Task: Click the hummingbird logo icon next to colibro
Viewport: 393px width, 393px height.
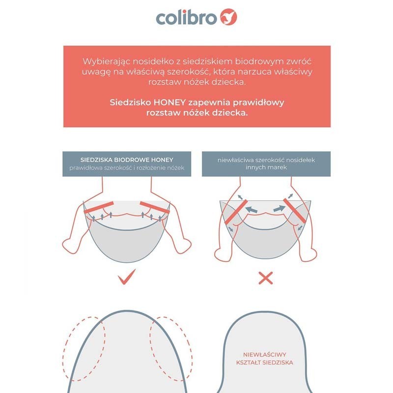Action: pyautogui.click(x=228, y=17)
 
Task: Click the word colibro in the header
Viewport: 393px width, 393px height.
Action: pyautogui.click(x=186, y=18)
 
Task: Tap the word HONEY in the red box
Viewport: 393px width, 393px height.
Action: pyautogui.click(x=169, y=102)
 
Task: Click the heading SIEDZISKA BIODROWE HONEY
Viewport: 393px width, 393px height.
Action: pyautogui.click(x=127, y=160)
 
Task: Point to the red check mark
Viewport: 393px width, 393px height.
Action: pyautogui.click(x=127, y=277)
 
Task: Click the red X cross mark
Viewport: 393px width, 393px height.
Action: pyautogui.click(x=265, y=278)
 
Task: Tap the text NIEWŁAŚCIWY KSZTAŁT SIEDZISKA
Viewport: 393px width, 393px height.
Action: pyautogui.click(x=264, y=359)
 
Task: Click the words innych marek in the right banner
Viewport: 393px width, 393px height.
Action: pyautogui.click(x=266, y=167)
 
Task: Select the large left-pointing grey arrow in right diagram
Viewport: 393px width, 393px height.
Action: pyautogui.click(x=251, y=209)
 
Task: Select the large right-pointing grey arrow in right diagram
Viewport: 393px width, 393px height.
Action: pyautogui.click(x=280, y=208)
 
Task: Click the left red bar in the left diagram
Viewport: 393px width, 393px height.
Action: pyautogui.click(x=99, y=207)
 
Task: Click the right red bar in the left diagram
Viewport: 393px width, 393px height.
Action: pyautogui.click(x=155, y=207)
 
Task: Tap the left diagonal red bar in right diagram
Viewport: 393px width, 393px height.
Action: pyautogui.click(x=236, y=212)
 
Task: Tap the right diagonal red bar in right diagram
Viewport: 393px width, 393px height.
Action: pyautogui.click(x=295, y=211)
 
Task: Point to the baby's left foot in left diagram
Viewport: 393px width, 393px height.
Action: pyautogui.click(x=71, y=245)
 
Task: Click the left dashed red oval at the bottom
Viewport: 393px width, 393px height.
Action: pyautogui.click(x=84, y=349)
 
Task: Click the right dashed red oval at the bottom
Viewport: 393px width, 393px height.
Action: pyautogui.click(x=171, y=349)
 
